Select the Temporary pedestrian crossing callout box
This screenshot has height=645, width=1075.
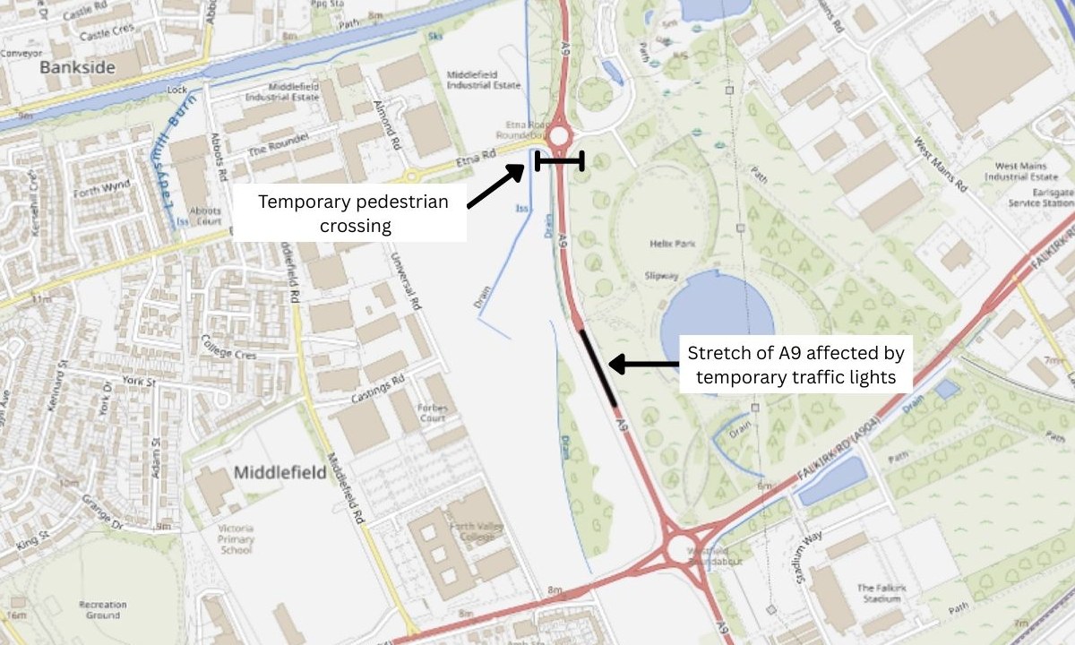tap(352, 213)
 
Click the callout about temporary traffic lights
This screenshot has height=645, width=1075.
tap(795, 364)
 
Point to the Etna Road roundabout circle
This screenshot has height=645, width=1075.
tap(560, 137)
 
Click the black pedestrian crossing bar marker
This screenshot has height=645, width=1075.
tap(560, 161)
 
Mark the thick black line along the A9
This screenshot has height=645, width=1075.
tap(598, 368)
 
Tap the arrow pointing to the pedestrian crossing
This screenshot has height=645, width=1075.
tap(495, 186)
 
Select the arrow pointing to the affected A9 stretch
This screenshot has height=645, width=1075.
tap(643, 364)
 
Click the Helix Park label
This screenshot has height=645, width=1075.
tap(670, 244)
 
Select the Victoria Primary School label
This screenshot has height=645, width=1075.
tap(236, 539)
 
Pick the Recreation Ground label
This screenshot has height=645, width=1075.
tap(102, 610)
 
